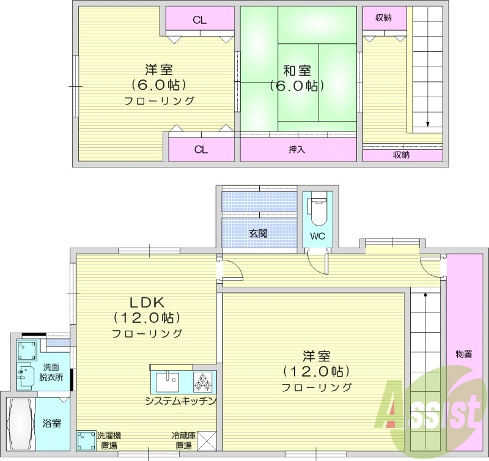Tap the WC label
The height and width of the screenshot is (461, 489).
click(x=317, y=235)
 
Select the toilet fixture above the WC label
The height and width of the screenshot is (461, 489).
click(x=317, y=210)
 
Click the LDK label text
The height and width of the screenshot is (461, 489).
click(x=147, y=302)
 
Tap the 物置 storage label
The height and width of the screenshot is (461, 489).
click(x=464, y=353)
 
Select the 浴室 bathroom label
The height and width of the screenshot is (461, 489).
click(x=52, y=423)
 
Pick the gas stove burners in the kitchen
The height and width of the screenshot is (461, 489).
click(x=202, y=382)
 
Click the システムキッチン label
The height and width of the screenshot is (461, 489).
click(x=181, y=400)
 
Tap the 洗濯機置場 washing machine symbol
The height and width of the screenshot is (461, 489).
click(x=86, y=440)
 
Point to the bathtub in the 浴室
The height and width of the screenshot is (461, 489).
click(x=21, y=423)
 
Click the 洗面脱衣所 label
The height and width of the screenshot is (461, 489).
click(x=52, y=372)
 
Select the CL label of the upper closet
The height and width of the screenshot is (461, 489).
click(x=199, y=20)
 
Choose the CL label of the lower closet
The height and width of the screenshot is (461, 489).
click(x=200, y=149)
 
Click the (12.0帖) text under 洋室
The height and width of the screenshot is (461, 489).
click(x=315, y=371)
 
